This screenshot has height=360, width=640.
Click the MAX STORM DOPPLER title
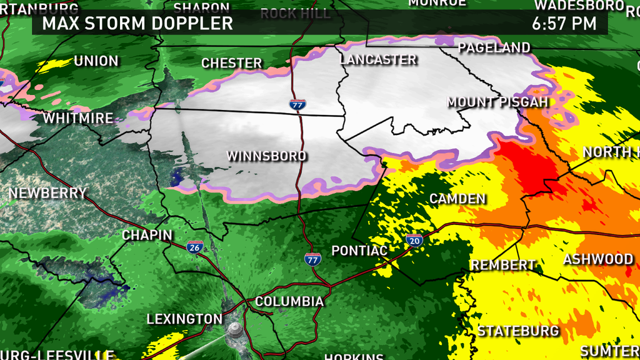pos(137,24)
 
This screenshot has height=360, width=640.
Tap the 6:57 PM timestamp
pos(564,24)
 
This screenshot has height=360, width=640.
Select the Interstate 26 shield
pos(194,247)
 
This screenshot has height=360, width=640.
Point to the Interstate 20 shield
pos(414,240)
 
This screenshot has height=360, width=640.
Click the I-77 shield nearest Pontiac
pos(312,258)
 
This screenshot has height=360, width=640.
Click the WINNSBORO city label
pos(266,156)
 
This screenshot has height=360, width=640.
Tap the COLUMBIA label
pos(289,302)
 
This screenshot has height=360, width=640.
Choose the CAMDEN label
pos(457,199)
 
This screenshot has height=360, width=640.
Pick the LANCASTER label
pos(378,59)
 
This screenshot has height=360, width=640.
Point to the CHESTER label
pos(232,63)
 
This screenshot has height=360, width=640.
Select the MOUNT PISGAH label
pos(497,102)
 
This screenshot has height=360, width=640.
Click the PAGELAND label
pos(494,47)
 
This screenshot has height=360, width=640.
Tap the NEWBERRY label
pos(47,193)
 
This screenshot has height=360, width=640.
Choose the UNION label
pos(96,61)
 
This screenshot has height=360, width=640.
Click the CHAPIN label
pos(147,235)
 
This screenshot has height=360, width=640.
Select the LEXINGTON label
pos(184,319)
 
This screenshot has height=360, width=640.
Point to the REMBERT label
pos(503,265)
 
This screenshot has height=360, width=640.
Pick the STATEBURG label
pos(518,331)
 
